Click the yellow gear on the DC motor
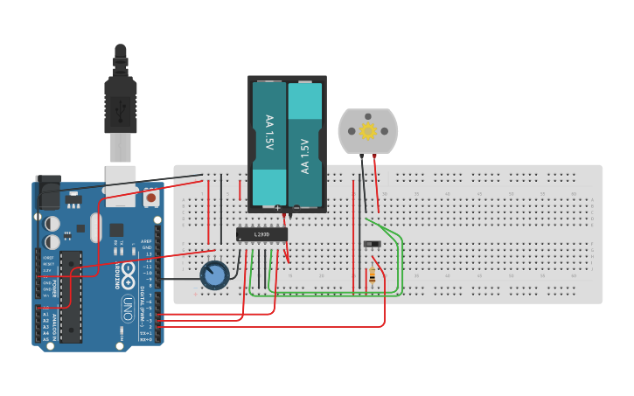coord(368,131)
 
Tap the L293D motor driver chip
coord(261,234)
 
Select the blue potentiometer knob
coord(214,276)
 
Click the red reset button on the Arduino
coord(151,198)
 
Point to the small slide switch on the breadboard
coord(372,244)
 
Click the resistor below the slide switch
coord(373,276)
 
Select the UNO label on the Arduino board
coord(128,309)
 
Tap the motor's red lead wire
coord(377,184)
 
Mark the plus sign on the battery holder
coord(277,209)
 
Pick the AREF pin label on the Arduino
coord(146,241)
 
